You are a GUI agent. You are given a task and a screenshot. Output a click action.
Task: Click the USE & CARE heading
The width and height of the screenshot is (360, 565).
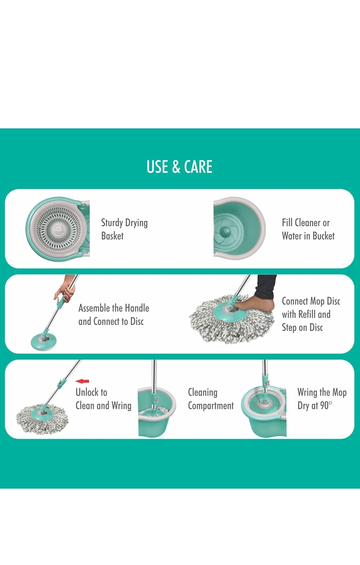(179, 167)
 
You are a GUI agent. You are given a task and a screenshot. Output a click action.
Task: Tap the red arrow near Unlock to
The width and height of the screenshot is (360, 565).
(82, 381)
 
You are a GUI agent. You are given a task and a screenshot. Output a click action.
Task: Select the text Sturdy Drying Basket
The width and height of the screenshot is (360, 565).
(124, 229)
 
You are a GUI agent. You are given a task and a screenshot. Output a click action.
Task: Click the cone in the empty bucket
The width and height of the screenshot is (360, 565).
(226, 231)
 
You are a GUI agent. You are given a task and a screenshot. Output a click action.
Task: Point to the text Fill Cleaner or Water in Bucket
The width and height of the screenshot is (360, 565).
(308, 229)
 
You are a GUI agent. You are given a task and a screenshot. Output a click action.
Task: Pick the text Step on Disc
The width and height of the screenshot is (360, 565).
(302, 328)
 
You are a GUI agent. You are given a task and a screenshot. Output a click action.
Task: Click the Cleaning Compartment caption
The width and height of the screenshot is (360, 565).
(210, 399)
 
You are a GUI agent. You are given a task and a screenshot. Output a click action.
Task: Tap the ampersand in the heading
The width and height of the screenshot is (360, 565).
(176, 167)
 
